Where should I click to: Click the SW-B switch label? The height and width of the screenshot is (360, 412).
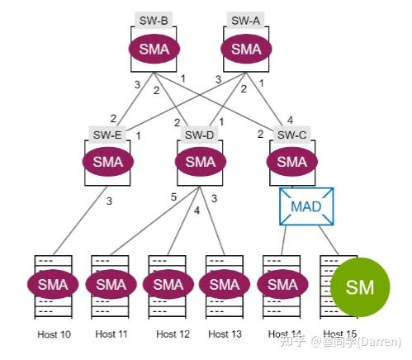coord(154,20)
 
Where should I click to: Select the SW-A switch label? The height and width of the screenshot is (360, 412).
coord(245,20)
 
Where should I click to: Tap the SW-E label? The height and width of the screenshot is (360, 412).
coord(107,135)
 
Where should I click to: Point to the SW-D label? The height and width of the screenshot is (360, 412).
coord(200,135)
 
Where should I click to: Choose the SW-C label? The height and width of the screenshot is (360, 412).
coord(291,135)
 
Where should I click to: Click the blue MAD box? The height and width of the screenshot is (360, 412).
coord(306,206)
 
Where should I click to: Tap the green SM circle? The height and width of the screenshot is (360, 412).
coord(360,287)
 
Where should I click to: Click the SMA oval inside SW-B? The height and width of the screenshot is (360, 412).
coord(154,49)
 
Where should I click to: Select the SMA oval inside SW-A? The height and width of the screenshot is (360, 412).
coord(246,49)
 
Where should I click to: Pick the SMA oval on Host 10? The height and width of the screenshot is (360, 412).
coord(53,284)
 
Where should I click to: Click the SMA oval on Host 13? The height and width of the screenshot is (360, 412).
coord(225,284)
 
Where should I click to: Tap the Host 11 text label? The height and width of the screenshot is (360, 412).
coord(111,334)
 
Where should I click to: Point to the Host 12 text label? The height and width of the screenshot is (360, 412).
coord(173,334)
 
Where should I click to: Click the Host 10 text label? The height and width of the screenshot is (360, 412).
coord(54,334)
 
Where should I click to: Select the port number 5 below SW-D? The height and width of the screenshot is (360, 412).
coord(173,197)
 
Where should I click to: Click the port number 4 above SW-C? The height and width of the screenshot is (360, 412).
coord(290,120)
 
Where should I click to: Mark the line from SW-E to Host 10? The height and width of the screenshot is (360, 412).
coord(80,220)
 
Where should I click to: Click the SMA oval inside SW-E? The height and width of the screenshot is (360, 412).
coord(108,162)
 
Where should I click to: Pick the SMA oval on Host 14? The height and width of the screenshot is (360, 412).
coord(282,284)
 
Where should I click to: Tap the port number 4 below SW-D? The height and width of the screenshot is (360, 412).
coord(197,211)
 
